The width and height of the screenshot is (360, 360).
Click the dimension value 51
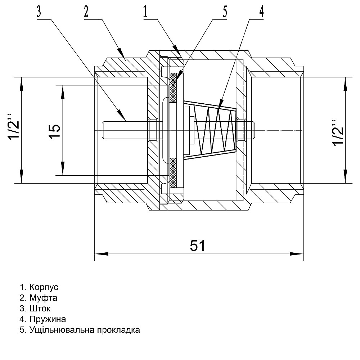(198, 246)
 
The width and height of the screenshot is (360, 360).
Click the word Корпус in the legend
(44, 287)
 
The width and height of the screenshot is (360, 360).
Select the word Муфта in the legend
(44, 298)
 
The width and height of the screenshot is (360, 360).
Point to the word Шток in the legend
(40, 309)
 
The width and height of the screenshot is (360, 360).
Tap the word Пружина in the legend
(48, 319)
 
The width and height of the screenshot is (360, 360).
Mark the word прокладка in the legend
(118, 330)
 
